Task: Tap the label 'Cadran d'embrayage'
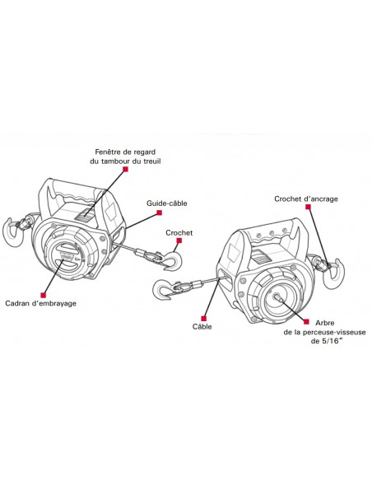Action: pyautogui.click(x=40, y=303)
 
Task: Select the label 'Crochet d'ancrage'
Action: pyautogui.click(x=307, y=198)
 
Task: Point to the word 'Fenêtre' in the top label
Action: pyautogui.click(x=109, y=152)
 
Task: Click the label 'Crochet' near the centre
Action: pyautogui.click(x=179, y=233)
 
